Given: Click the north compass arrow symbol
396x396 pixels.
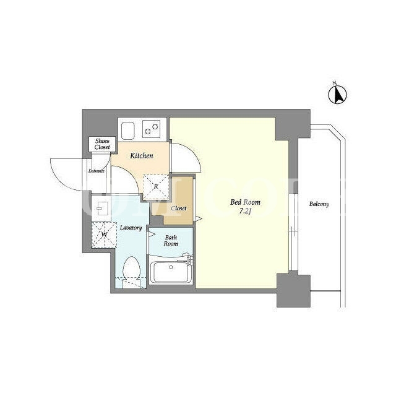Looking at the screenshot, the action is point(337,94).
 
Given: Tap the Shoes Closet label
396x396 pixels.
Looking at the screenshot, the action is point(102,144).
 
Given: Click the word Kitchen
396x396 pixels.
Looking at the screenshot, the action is point(142,155).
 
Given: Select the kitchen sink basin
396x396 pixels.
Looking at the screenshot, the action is point(128,131).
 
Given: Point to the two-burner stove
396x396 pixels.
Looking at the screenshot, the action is point(151,129).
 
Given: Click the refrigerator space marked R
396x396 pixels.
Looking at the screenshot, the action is point(156,187).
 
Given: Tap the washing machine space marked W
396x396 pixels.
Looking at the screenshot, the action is point(104,235).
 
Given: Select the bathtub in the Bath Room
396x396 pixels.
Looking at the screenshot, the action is point(171,272).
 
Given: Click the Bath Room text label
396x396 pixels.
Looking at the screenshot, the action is point(171,241).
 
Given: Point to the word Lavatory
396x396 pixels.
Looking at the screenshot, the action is point(131,228).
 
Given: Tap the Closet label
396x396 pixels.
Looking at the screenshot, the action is point(179,209).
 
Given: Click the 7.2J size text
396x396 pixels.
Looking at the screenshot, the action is point(245,212).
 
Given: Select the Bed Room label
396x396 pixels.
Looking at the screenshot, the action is point(245,202).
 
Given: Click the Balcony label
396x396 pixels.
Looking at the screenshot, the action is point(319,204).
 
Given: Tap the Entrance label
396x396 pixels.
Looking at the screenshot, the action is point(97,171).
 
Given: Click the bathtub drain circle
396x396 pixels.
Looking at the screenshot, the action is point(171,267).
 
